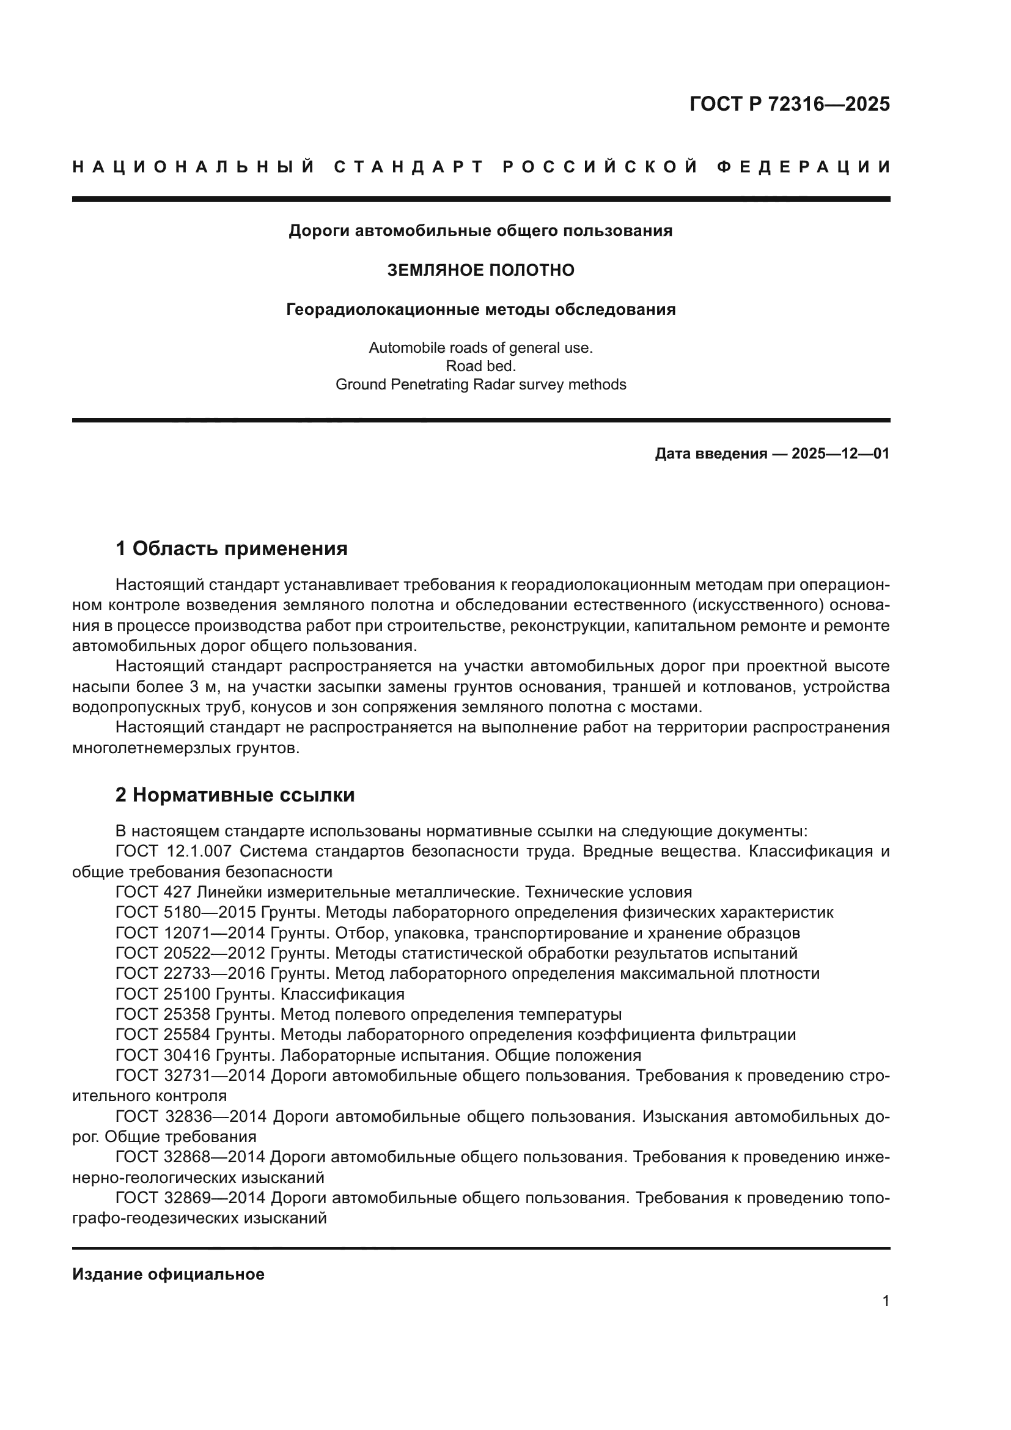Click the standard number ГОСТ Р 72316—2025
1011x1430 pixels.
pos(789,104)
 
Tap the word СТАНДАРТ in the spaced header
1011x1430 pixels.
pos(409,167)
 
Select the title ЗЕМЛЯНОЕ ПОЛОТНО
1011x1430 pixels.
pos(480,270)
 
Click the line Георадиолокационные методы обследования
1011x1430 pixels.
pos(480,309)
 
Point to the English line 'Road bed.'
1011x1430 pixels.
pos(480,366)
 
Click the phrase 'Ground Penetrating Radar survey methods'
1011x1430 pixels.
pos(480,385)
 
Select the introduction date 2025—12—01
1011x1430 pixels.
pos(840,454)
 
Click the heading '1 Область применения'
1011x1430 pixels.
pos(232,548)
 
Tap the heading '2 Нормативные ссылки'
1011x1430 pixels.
pos(235,795)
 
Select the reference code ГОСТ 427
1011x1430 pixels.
pos(144,893)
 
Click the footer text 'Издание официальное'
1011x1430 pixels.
pos(168,1274)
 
